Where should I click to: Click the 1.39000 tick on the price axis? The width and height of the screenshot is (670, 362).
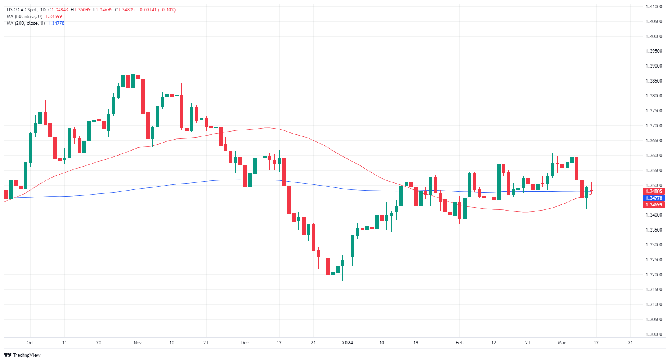[654, 66]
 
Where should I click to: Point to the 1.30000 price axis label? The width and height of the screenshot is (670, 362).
[654, 334]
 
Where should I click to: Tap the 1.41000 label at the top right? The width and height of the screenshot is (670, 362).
[654, 7]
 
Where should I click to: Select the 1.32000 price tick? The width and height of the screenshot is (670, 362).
[654, 275]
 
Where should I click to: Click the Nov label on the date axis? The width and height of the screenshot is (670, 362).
[137, 343]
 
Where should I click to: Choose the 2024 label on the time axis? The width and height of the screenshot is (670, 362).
[347, 343]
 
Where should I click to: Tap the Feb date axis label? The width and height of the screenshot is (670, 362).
[459, 343]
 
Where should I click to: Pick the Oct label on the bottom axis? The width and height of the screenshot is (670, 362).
[30, 343]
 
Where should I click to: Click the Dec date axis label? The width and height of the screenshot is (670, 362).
[245, 343]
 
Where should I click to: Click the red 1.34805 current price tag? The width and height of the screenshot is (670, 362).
[654, 191]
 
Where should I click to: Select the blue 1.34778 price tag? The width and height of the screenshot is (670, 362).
[654, 198]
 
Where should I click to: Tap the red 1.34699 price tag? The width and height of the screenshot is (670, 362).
[654, 205]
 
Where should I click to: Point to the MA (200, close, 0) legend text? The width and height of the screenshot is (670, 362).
[26, 23]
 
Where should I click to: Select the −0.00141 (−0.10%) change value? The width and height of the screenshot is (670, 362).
[156, 10]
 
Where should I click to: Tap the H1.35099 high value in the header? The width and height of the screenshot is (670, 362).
[81, 10]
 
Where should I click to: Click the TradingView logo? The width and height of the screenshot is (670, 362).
[22, 355]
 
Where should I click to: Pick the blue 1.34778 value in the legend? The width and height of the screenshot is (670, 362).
[56, 23]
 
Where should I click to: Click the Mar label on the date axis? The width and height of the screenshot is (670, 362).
[562, 343]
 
